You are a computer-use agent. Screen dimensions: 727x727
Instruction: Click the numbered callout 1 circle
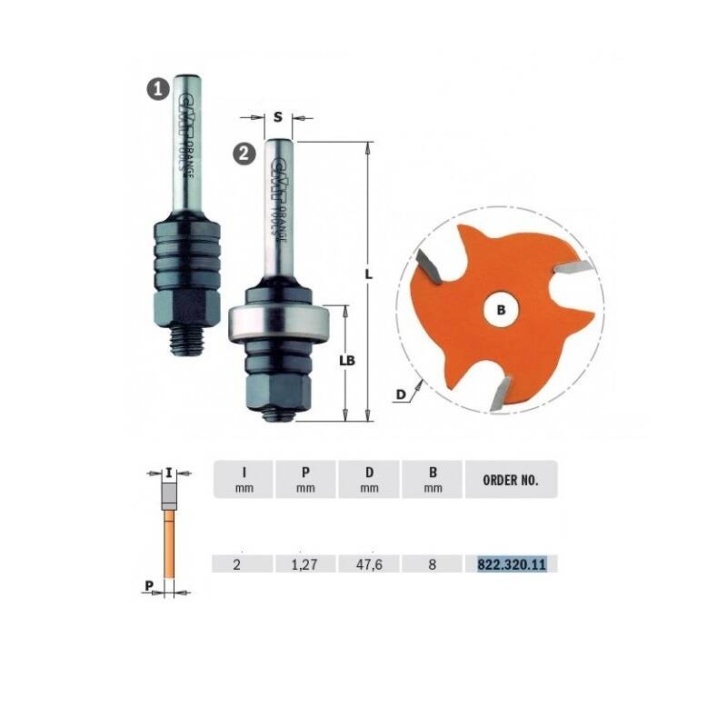tap(159, 88)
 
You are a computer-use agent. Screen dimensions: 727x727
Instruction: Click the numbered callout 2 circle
tap(244, 154)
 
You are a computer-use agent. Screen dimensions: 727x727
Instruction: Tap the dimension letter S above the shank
tap(276, 116)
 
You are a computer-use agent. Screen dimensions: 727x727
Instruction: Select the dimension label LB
tap(345, 360)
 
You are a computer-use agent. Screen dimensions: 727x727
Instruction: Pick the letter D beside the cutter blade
tap(400, 393)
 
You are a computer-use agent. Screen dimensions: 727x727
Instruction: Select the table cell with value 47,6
tap(368, 564)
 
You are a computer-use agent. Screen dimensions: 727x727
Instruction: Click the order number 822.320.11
tap(511, 564)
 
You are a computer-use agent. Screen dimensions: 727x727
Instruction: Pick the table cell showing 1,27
tap(304, 564)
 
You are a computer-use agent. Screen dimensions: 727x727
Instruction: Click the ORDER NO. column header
tap(511, 480)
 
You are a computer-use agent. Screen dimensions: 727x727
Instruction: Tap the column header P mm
tap(304, 479)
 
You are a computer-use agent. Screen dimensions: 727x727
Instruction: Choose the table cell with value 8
tap(432, 564)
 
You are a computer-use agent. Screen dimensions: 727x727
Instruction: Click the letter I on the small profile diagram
tap(169, 472)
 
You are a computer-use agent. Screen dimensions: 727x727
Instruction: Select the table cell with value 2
tap(241, 564)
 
